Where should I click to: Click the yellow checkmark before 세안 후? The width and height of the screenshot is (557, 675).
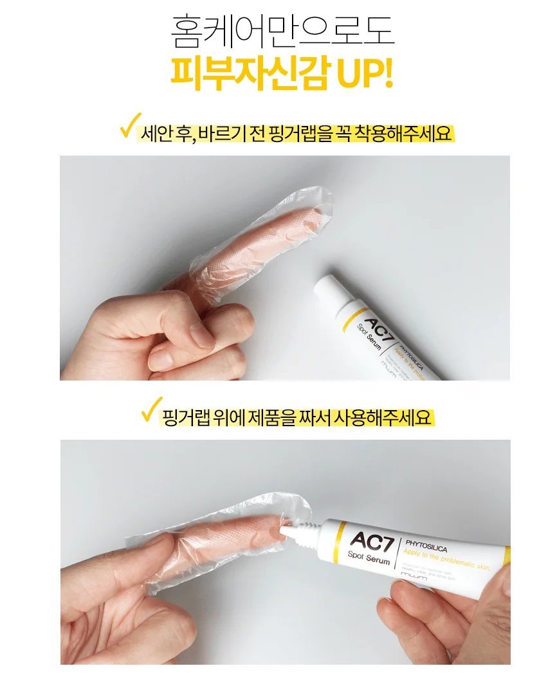pos(131,125)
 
